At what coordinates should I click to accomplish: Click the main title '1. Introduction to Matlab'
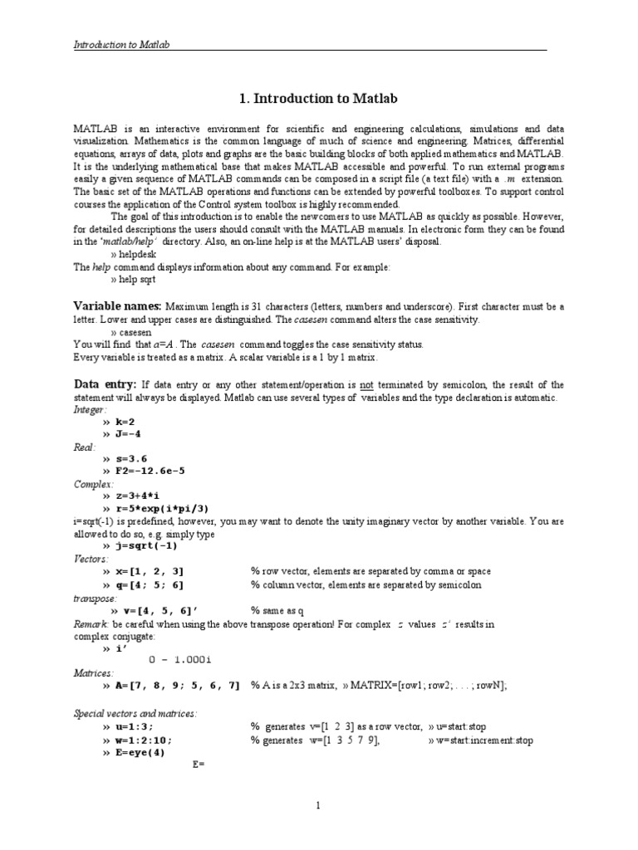(x=318, y=100)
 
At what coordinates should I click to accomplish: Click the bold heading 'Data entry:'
(x=105, y=384)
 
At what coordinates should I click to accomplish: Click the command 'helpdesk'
(x=133, y=255)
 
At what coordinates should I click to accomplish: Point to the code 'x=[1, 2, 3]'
(x=145, y=572)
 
